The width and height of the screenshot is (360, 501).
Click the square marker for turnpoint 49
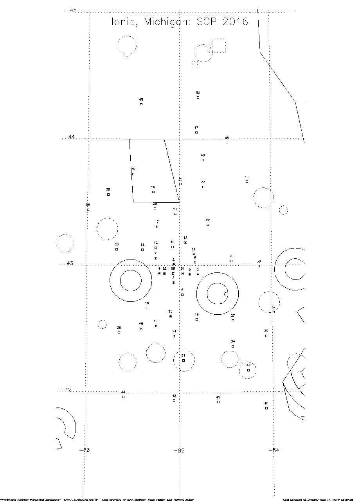[141, 104]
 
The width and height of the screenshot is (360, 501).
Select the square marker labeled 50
[198, 97]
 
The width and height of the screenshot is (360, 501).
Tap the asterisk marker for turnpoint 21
[175, 214]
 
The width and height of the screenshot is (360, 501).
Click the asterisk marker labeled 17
[157, 227]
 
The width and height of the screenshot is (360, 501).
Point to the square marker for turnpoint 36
[88, 209]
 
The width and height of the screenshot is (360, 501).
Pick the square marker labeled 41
[247, 182]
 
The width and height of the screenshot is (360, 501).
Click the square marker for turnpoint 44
[123, 397]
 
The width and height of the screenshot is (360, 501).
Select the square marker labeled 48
[266, 408]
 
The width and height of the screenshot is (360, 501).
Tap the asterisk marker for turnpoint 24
[174, 336]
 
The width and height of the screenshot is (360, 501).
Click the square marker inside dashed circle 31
[184, 360]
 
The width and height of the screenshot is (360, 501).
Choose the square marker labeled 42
[248, 370]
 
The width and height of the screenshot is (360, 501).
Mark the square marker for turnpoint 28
[119, 333]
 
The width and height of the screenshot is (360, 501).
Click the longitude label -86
[85, 450]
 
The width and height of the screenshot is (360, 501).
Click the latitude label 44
[71, 137]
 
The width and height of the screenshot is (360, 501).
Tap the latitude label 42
[68, 390]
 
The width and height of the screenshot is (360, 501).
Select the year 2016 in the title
[236, 22]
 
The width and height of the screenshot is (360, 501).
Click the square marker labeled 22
[208, 225]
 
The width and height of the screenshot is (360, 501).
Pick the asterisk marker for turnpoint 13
[185, 243]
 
